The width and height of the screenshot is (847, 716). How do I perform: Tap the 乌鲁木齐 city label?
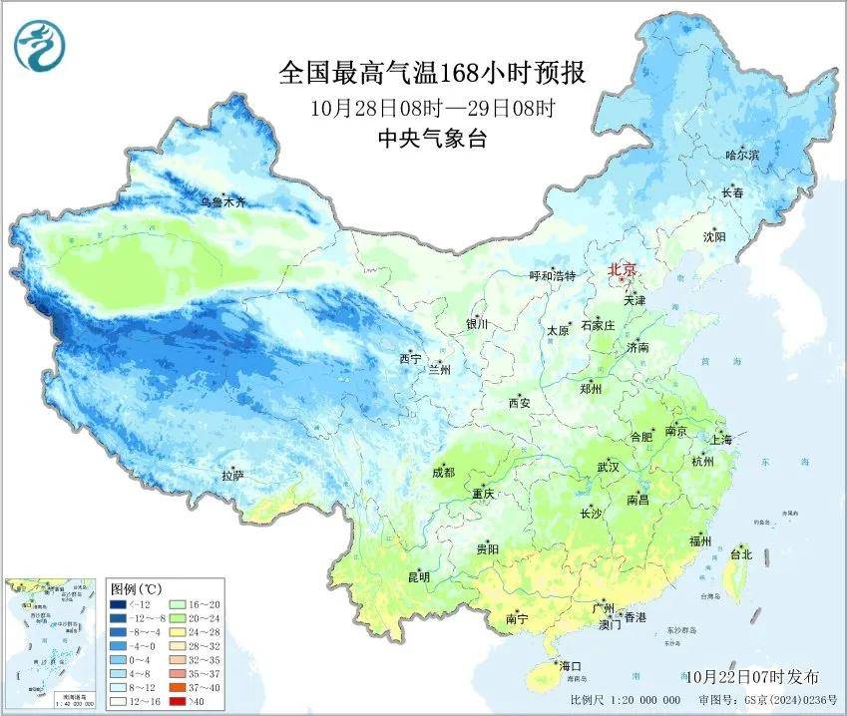(x=221, y=202)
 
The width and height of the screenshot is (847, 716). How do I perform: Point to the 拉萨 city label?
(x=232, y=477)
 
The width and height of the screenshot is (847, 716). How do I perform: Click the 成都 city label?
(x=444, y=473)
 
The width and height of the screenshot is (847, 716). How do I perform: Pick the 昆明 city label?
(x=418, y=576)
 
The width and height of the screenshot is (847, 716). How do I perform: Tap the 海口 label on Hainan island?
(x=571, y=665)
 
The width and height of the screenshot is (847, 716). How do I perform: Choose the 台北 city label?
(x=740, y=554)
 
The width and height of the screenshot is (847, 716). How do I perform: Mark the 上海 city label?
(x=720, y=439)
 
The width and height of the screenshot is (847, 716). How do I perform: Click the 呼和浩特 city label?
(x=552, y=275)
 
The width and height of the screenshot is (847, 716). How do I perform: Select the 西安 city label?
(x=520, y=403)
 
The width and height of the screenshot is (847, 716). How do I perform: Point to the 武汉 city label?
(x=608, y=467)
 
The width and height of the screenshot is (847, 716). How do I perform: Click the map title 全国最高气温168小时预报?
(x=431, y=74)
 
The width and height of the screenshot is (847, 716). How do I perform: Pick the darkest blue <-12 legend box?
(x=121, y=603)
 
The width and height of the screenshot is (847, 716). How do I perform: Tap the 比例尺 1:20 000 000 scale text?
(x=625, y=700)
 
